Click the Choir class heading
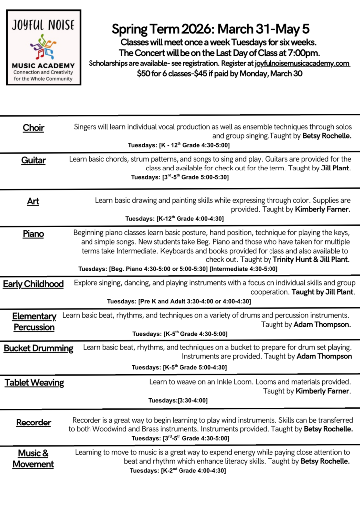[33, 128]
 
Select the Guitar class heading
[33, 160]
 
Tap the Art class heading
[33, 201]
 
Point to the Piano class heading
[33, 233]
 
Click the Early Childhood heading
[33, 284]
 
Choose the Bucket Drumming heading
[38, 348]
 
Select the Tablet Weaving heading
[34, 382]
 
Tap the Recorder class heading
[33, 423]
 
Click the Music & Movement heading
[33, 459]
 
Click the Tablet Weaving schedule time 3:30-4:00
[192, 400]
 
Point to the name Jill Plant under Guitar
[334, 168]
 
